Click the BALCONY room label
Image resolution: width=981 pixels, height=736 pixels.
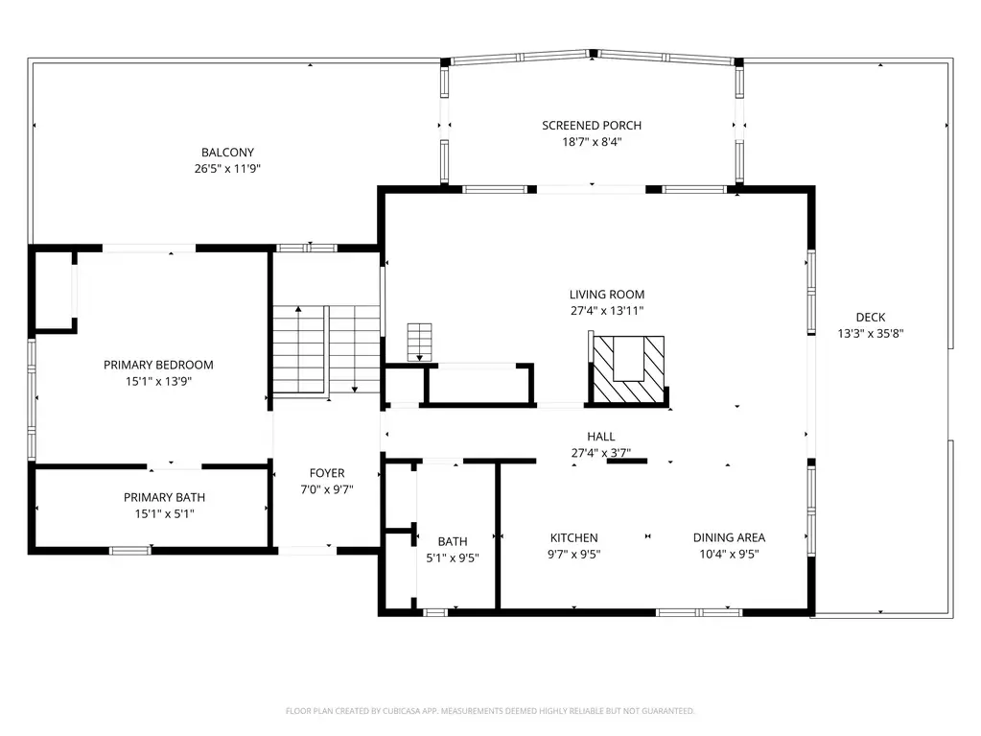[227, 152]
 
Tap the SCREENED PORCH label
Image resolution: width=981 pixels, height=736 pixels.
[592, 125]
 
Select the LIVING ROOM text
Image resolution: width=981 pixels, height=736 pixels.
[607, 295]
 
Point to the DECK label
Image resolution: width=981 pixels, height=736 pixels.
[871, 318]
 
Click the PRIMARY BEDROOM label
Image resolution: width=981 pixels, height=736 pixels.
[158, 365]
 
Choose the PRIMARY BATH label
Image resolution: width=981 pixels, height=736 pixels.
[165, 498]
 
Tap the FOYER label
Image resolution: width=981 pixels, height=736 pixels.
[327, 473]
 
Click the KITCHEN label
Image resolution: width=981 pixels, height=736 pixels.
[573, 537]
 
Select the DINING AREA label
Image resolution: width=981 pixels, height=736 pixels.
[729, 537]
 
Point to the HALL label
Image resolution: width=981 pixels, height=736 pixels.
[601, 437]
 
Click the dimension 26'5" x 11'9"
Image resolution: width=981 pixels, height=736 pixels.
[227, 168]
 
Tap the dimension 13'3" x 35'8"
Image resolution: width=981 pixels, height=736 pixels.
[871, 334]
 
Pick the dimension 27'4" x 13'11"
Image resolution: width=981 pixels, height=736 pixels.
[607, 310]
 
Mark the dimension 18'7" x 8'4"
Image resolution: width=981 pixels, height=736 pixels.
[592, 141]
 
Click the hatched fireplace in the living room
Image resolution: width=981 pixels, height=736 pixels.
[628, 369]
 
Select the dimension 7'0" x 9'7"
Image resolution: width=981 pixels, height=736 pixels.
[327, 489]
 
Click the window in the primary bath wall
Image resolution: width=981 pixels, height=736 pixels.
[130, 551]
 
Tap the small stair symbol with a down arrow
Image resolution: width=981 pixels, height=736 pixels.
[419, 342]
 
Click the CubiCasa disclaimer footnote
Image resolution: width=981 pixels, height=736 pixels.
[490, 711]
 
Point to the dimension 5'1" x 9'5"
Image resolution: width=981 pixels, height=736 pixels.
[453, 558]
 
